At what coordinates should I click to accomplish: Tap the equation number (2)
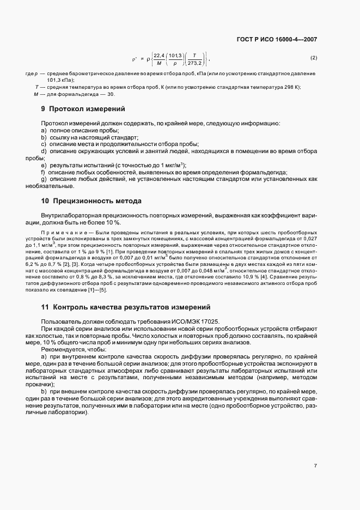coord(313,58)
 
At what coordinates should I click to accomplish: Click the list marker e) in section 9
coord(44,165)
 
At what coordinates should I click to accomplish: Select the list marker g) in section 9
coord(44,179)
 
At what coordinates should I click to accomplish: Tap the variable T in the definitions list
coord(36,87)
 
